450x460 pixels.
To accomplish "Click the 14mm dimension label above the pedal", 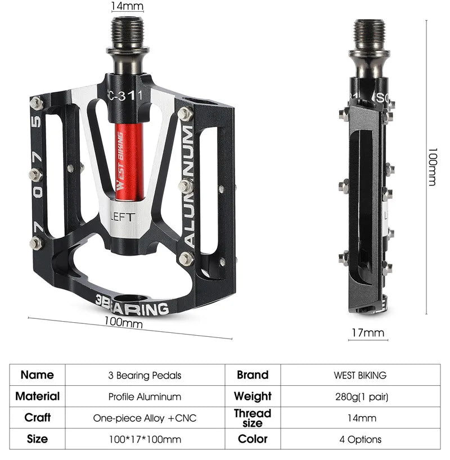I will click(127, 6).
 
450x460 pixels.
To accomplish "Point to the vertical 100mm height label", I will click(432, 168).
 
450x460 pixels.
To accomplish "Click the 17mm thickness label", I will click(367, 332).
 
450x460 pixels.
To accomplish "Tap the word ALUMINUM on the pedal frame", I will click(189, 186).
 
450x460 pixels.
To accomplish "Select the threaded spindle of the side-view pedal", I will click(368, 34).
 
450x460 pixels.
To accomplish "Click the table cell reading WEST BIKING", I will click(360, 375).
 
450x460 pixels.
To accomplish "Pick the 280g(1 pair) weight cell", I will click(360, 396).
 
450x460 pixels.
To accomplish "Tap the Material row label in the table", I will click(38, 396).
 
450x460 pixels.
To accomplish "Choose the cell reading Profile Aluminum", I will click(145, 396).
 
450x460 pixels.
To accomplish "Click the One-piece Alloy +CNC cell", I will click(145, 418).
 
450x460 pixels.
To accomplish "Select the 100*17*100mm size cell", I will click(145, 439).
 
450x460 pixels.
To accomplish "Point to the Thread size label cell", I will click(253, 418).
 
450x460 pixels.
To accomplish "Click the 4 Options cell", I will click(360, 439).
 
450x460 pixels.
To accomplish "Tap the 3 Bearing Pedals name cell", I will click(145, 375).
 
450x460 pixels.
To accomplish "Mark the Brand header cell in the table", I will click(253, 375).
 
